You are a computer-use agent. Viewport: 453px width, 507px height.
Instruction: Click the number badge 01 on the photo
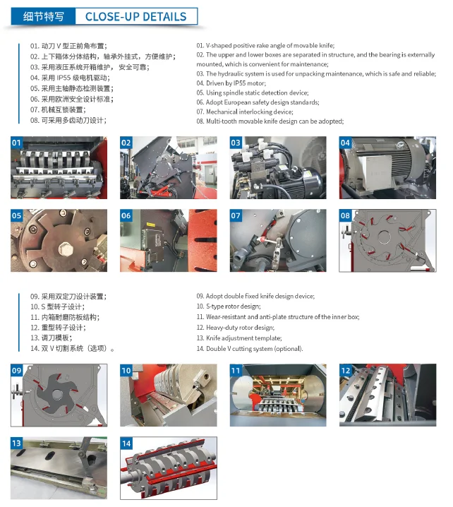click(18, 143)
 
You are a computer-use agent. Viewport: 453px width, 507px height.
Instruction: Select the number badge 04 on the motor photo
click(346, 143)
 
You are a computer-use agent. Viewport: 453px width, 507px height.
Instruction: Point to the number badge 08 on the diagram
click(346, 215)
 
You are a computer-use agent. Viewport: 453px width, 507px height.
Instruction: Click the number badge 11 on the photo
click(236, 370)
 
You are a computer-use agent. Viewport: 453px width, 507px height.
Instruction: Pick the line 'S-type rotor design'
click(229, 306)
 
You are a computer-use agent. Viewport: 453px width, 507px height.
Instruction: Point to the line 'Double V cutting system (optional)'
click(250, 348)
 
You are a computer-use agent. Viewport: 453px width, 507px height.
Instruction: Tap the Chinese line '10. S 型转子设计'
click(57, 307)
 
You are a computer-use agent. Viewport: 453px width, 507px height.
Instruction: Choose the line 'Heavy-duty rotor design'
click(235, 328)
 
